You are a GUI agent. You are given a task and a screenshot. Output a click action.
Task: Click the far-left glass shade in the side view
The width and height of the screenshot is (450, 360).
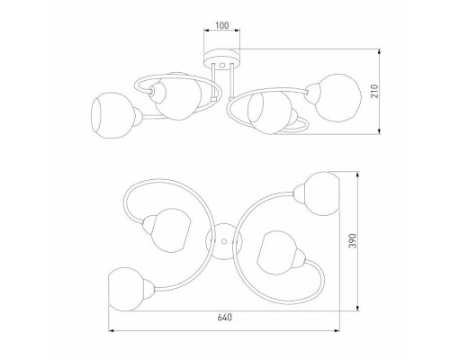pyautogui.click(x=107, y=114)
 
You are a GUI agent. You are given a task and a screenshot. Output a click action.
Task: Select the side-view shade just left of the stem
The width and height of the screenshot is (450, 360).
pyautogui.click(x=174, y=100)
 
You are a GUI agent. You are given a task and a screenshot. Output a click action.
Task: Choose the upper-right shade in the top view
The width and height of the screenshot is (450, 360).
pyautogui.click(x=322, y=193)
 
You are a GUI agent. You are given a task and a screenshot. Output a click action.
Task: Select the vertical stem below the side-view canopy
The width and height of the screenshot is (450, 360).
pyautogui.click(x=222, y=81)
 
